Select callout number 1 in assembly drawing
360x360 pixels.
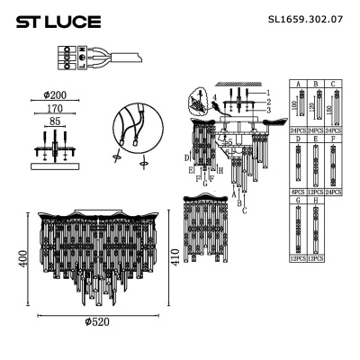tap(267, 93)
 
